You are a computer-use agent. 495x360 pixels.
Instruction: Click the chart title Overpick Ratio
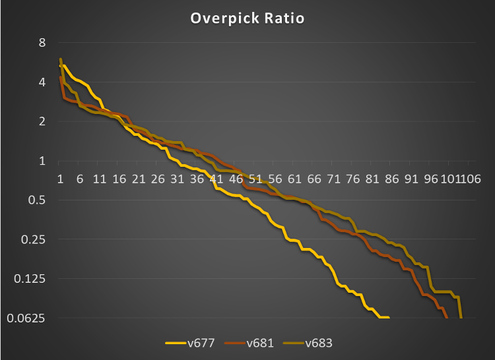[247, 18]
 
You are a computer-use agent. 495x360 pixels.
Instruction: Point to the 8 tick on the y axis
[42, 43]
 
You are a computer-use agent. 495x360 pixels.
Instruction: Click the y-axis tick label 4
[42, 82]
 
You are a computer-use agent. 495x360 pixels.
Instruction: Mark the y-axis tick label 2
[42, 121]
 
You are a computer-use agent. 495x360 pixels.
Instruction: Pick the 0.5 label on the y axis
[38, 200]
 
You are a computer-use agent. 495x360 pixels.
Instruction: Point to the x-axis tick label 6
[80, 179]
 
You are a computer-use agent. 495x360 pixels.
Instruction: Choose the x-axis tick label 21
[139, 179]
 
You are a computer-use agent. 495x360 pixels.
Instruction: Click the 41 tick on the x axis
[216, 179]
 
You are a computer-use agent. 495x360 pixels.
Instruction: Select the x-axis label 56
[275, 179]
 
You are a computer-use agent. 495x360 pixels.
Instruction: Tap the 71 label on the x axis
[334, 179]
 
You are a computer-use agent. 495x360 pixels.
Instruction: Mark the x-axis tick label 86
[392, 179]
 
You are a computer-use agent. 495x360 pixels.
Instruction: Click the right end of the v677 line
[389, 318]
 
